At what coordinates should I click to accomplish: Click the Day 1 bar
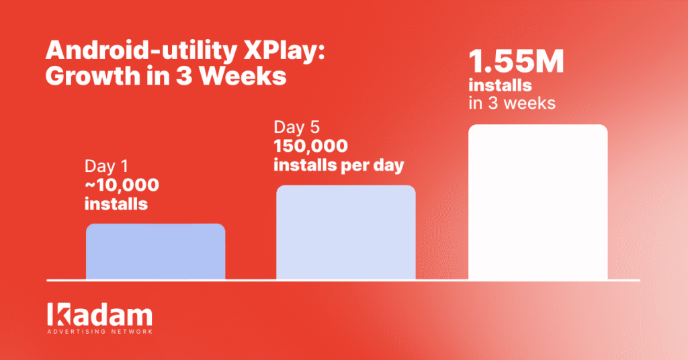coord(156,251)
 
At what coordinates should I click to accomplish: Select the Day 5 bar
coord(346,232)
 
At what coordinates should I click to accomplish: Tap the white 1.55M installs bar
coord(538,201)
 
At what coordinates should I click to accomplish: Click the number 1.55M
coord(516,61)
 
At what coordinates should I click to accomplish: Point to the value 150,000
coord(310,146)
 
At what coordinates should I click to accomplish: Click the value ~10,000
coord(122,185)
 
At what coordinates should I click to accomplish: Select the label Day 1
coord(106,166)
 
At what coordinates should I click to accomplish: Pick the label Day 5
coord(296,127)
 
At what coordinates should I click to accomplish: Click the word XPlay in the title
coord(284,51)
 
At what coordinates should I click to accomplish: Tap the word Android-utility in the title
coord(141,51)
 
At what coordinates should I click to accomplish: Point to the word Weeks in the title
coord(243,77)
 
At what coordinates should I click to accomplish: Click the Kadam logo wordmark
coord(99,314)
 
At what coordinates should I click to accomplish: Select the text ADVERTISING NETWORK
coord(100,332)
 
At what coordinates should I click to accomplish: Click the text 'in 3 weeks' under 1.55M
coord(512,103)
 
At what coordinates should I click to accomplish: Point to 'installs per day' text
coord(339,166)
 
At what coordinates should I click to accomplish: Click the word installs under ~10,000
coord(116,204)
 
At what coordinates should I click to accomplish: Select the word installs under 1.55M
coord(500,85)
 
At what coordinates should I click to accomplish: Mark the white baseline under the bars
coord(343,280)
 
